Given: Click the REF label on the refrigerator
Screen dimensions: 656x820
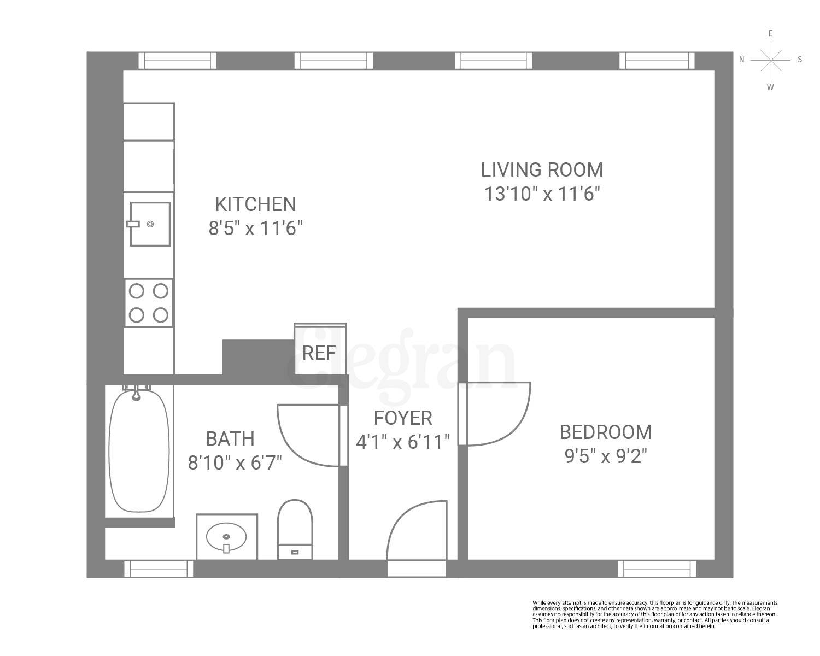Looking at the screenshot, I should point(319,353).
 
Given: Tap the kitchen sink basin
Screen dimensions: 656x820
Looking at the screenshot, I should point(150,224).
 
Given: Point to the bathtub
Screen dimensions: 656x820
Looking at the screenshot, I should point(139,452).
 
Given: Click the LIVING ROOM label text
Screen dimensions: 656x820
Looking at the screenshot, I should point(542,170).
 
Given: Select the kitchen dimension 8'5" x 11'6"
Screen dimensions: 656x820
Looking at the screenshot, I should point(255,228).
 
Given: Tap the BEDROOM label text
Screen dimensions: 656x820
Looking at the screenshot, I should point(606,432).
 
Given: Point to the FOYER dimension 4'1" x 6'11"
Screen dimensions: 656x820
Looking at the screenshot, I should point(403,441).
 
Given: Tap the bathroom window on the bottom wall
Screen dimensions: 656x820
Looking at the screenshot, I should point(159,569).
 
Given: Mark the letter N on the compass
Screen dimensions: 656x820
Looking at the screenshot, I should point(742,60).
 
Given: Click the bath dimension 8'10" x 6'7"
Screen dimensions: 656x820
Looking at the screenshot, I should point(235,463).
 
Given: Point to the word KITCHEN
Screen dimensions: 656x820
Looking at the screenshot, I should point(255,204).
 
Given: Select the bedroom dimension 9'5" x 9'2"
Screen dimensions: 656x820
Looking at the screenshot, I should point(606,456).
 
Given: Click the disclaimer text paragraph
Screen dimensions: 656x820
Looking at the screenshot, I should point(655,614).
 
